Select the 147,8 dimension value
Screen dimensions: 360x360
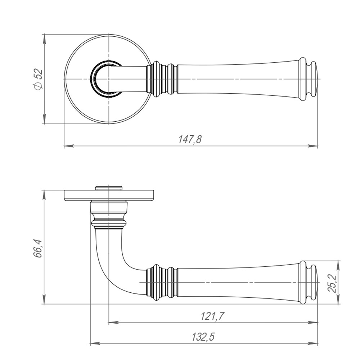(190, 139)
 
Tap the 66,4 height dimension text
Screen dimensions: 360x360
(38, 248)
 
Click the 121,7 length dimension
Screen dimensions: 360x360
(212, 316)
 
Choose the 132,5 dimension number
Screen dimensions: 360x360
(203, 337)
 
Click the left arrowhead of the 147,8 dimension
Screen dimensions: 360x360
(69, 145)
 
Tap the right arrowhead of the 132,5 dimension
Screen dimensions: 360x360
(313, 343)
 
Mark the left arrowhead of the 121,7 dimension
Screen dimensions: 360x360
(113, 323)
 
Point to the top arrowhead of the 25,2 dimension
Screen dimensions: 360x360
(338, 266)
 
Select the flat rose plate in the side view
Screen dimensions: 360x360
(108, 195)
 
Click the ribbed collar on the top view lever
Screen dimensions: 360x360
(162, 79)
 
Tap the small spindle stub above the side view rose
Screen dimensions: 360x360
(108, 188)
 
